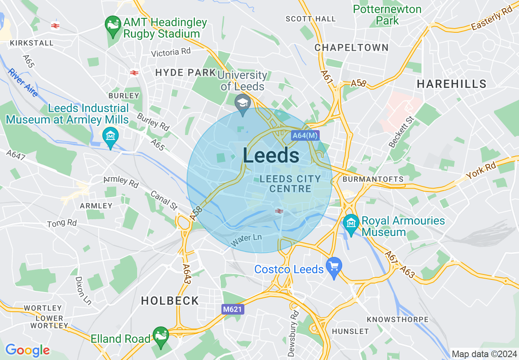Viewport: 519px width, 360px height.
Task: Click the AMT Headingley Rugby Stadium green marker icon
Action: pos(112,24)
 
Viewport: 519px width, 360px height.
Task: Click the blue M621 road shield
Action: pos(232,310)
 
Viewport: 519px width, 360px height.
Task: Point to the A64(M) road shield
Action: pos(305,136)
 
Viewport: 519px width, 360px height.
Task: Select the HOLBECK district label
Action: pos(170,301)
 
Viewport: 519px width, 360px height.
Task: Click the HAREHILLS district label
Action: pos(451,84)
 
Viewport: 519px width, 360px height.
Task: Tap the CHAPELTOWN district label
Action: pos(352,47)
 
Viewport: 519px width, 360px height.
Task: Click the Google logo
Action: pos(27,350)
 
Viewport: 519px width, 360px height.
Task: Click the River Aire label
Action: pos(23,83)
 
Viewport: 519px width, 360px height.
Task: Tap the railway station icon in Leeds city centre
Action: pos(279,211)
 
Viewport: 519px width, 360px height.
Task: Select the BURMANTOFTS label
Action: pos(373,179)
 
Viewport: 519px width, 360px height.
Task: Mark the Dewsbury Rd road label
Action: pos(293,333)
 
